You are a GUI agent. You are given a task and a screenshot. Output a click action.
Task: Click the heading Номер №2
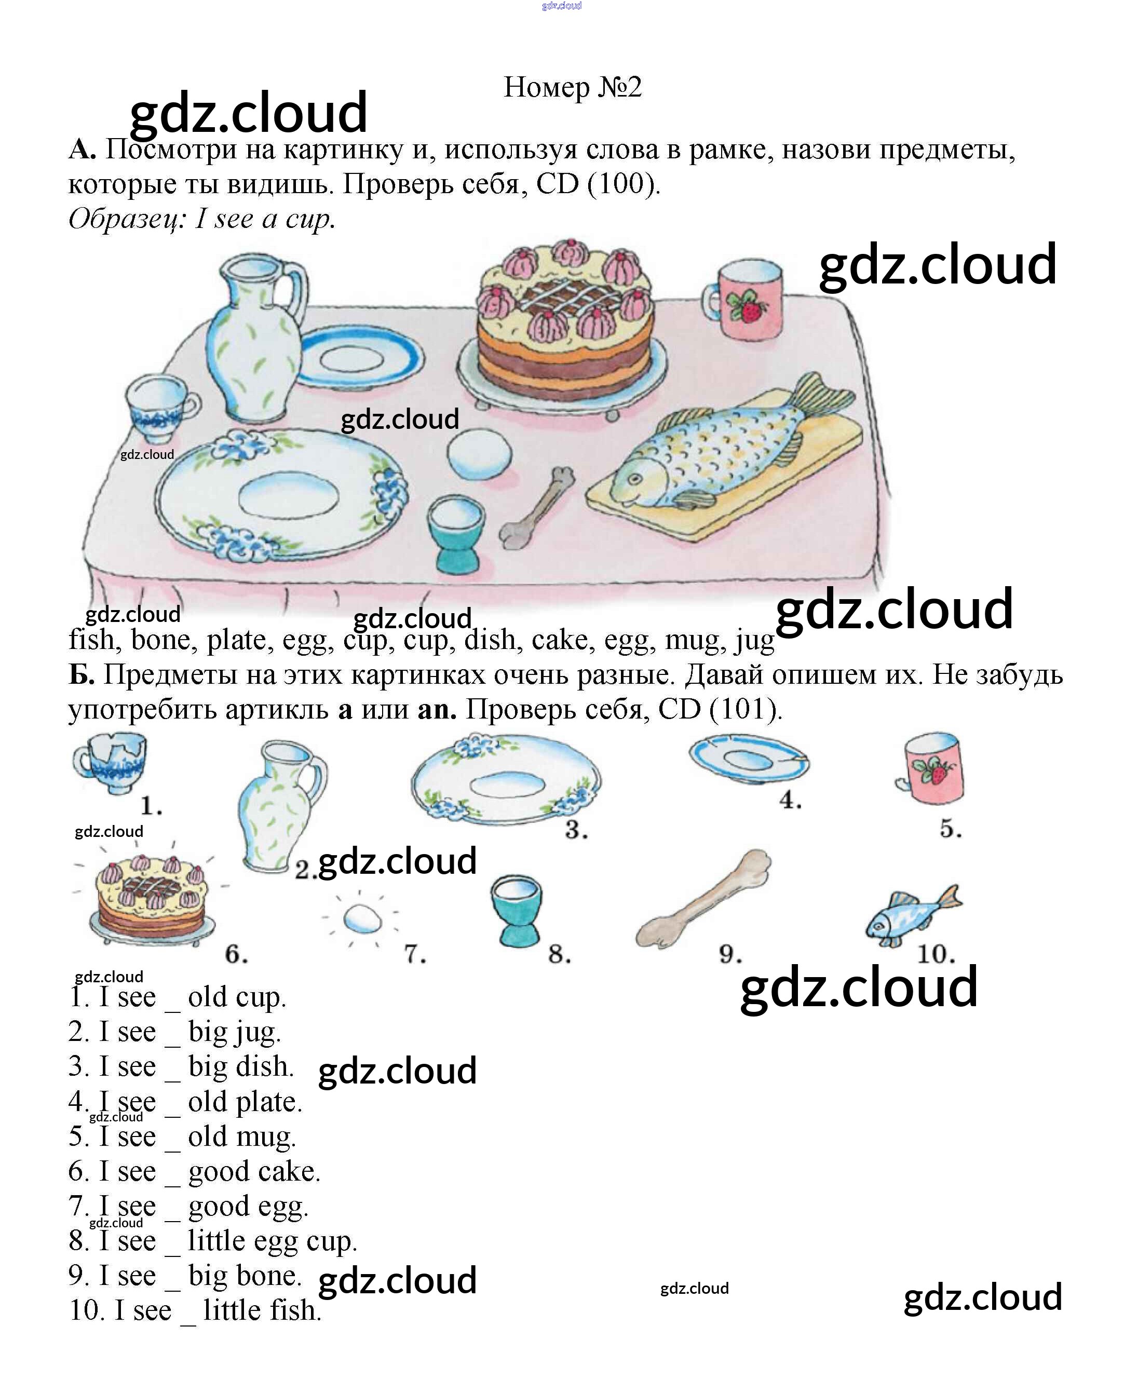[x=572, y=87]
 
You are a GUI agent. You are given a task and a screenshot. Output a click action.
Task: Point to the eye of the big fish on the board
[x=634, y=480]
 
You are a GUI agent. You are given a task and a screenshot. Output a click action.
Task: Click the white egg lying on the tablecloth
[x=479, y=453]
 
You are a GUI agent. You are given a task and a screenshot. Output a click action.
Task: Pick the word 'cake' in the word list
[x=560, y=640]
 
